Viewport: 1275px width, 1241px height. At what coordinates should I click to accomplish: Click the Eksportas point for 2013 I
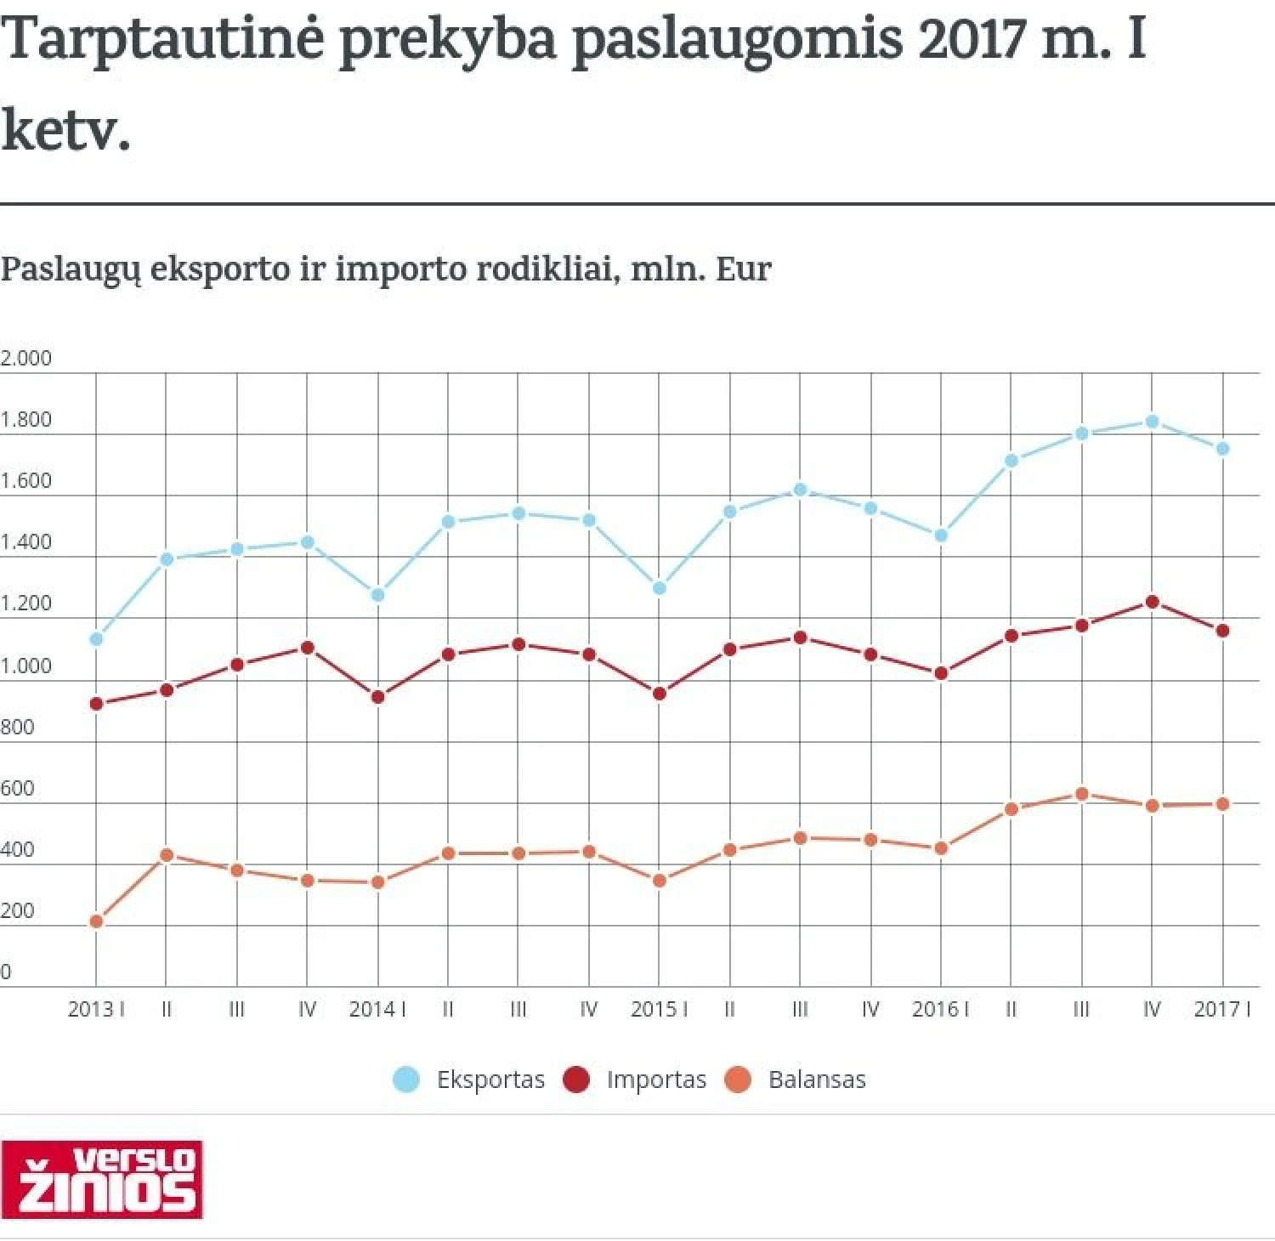[96, 638]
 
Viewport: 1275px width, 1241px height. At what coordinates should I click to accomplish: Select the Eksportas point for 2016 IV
[1152, 422]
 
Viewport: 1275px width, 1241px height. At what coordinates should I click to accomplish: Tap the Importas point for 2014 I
[378, 697]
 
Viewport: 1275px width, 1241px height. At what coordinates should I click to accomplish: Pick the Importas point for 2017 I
[1222, 631]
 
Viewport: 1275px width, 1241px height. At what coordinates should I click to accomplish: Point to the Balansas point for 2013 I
[96, 921]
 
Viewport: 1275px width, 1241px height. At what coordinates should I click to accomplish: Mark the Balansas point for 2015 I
[659, 881]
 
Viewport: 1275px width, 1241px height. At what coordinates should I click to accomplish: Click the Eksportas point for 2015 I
[659, 588]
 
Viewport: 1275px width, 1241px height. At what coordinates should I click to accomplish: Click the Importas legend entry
[636, 1079]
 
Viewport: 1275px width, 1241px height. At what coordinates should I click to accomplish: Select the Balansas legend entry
[796, 1079]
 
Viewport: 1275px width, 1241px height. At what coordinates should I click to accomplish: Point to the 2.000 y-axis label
[26, 358]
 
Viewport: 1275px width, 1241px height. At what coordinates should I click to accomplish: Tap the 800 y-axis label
[18, 727]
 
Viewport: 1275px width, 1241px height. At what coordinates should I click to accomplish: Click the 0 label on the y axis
[6, 972]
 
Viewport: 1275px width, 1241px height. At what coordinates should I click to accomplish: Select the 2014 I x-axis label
[377, 1009]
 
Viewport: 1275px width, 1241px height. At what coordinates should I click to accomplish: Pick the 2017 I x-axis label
[1222, 1009]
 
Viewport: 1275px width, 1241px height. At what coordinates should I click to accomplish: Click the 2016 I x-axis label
[940, 1009]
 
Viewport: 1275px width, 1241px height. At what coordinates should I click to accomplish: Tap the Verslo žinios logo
[101, 1179]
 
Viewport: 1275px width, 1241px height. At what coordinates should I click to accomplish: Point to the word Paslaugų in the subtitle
[70, 269]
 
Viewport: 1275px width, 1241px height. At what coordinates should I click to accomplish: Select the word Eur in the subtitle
[744, 269]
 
